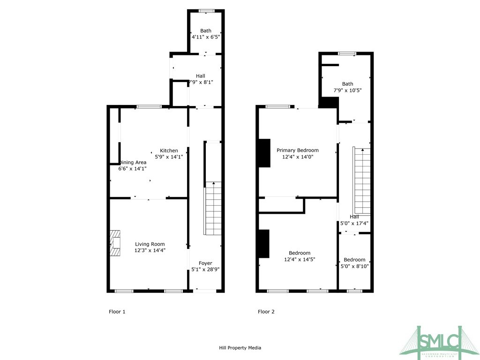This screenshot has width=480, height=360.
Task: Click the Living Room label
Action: click(x=150, y=244)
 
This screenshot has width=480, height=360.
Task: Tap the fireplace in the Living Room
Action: click(x=115, y=243)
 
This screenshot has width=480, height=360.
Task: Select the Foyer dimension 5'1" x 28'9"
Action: click(x=205, y=270)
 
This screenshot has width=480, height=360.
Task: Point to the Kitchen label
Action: click(x=169, y=150)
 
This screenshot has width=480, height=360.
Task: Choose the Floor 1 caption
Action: click(x=117, y=312)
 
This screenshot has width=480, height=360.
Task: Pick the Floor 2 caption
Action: click(x=266, y=312)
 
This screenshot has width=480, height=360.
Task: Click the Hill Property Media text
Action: click(x=240, y=348)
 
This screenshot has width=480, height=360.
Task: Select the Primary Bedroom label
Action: click(x=297, y=150)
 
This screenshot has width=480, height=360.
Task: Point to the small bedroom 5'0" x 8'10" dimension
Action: click(x=354, y=266)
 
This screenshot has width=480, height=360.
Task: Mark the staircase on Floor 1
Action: click(x=212, y=209)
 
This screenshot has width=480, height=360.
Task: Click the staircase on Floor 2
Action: click(x=361, y=180)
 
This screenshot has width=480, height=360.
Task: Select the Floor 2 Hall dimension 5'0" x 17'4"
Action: click(x=354, y=224)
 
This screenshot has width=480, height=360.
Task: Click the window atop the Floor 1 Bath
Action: click(x=205, y=11)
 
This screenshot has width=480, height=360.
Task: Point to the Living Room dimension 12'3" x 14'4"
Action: click(x=150, y=250)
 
